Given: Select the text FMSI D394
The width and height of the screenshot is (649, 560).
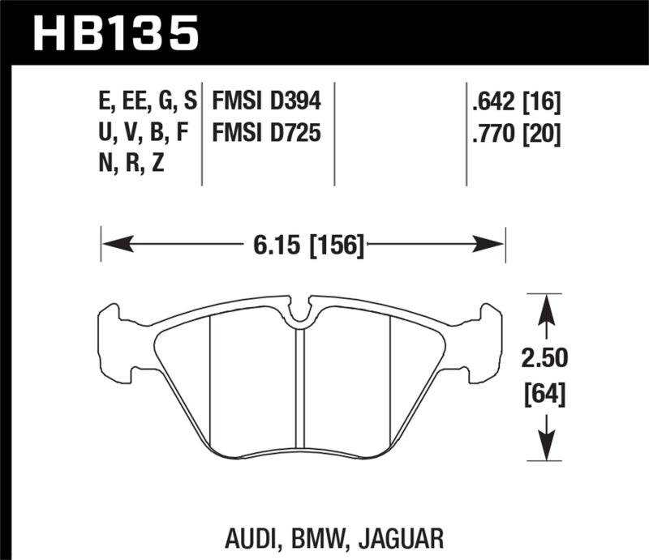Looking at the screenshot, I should point(266,102).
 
